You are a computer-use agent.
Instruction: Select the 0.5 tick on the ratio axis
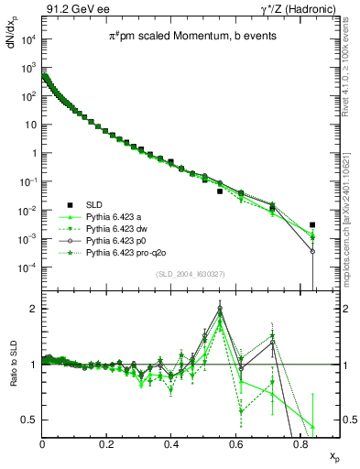(31, 420)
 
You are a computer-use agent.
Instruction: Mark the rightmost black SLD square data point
(312, 224)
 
